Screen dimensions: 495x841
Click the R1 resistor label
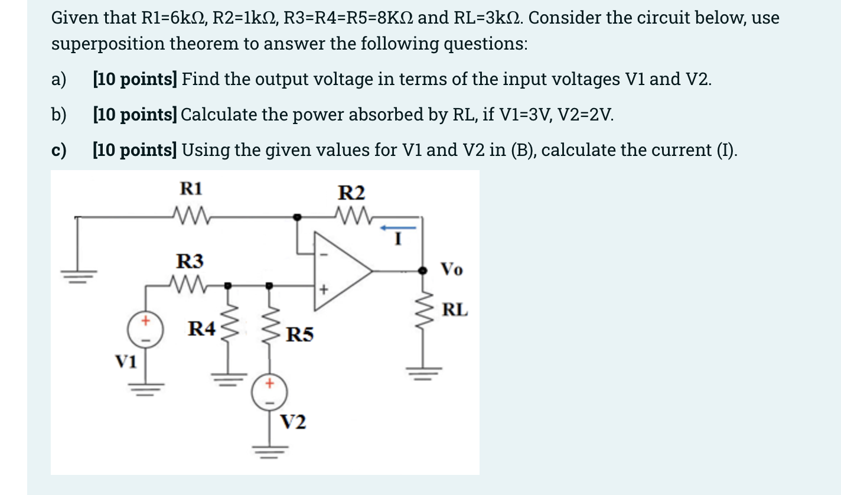pyautogui.click(x=191, y=189)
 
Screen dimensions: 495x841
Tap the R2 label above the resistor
pyautogui.click(x=351, y=193)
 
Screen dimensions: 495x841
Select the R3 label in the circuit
pyautogui.click(x=190, y=260)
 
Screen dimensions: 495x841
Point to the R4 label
pyautogui.click(x=201, y=328)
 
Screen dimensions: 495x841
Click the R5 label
pyautogui.click(x=299, y=336)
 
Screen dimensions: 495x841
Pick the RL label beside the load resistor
pyautogui.click(x=455, y=309)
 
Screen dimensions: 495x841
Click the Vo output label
pyautogui.click(x=452, y=270)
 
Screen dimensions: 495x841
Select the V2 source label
pyautogui.click(x=293, y=423)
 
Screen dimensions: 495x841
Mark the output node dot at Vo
pyautogui.click(x=422, y=271)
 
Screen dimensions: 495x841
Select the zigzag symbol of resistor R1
pyautogui.click(x=190, y=212)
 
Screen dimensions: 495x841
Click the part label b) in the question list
pyautogui.click(x=59, y=114)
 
